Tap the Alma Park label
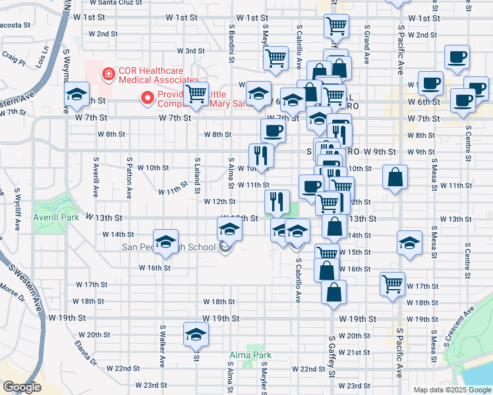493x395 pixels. click(x=250, y=355)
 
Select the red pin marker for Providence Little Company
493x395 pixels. click(x=148, y=98)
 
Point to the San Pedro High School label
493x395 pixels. click(x=169, y=248)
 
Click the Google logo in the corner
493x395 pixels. click(x=22, y=387)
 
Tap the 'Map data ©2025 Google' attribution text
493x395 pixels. click(x=451, y=390)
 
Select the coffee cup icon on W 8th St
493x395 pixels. click(x=273, y=130)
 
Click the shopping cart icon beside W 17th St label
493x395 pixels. click(x=392, y=283)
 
